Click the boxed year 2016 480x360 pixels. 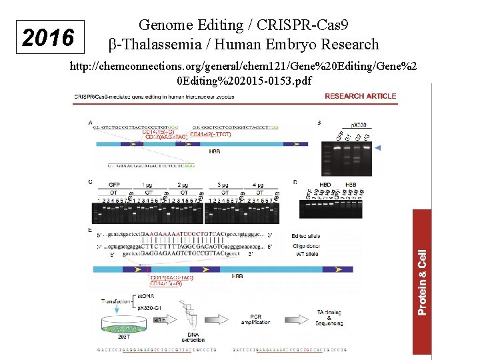48,38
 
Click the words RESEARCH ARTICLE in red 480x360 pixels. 360,96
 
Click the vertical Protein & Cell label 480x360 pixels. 422,282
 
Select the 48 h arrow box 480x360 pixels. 161,321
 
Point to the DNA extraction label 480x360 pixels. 194,337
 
